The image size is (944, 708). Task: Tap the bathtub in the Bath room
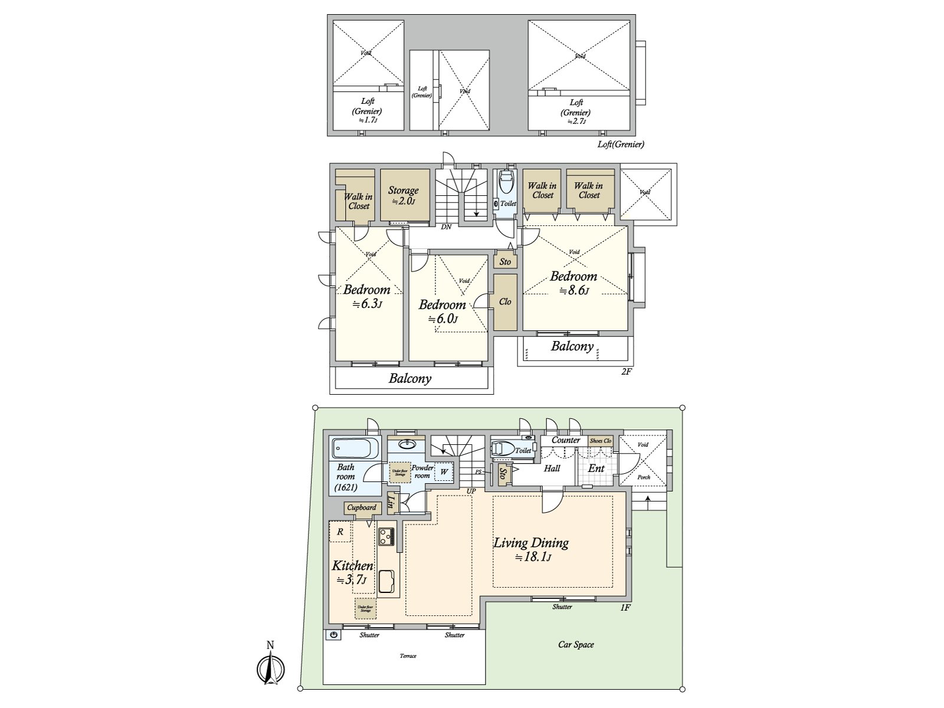pos(353,449)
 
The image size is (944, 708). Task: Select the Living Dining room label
pos(531,548)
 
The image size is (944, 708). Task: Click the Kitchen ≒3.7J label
pos(352,572)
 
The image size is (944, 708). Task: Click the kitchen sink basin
pos(387,581)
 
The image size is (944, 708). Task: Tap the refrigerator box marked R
pos(340,532)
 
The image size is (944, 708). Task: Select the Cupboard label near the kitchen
pos(361,507)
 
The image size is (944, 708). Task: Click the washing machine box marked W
pos(444,471)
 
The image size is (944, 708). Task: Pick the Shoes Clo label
pos(601,441)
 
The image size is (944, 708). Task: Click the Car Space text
pos(576,645)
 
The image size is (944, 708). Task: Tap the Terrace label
pos(408,656)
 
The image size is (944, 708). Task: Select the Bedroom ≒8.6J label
pos(573,282)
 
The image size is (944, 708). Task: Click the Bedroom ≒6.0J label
pos(442,311)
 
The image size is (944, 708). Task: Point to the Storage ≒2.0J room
pos(404,195)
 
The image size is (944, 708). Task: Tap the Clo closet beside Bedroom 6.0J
pos(505,301)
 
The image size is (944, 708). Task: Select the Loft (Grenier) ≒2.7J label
pos(576,111)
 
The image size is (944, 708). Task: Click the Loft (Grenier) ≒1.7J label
pos(368,110)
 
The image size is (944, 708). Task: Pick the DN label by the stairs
pos(446,227)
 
